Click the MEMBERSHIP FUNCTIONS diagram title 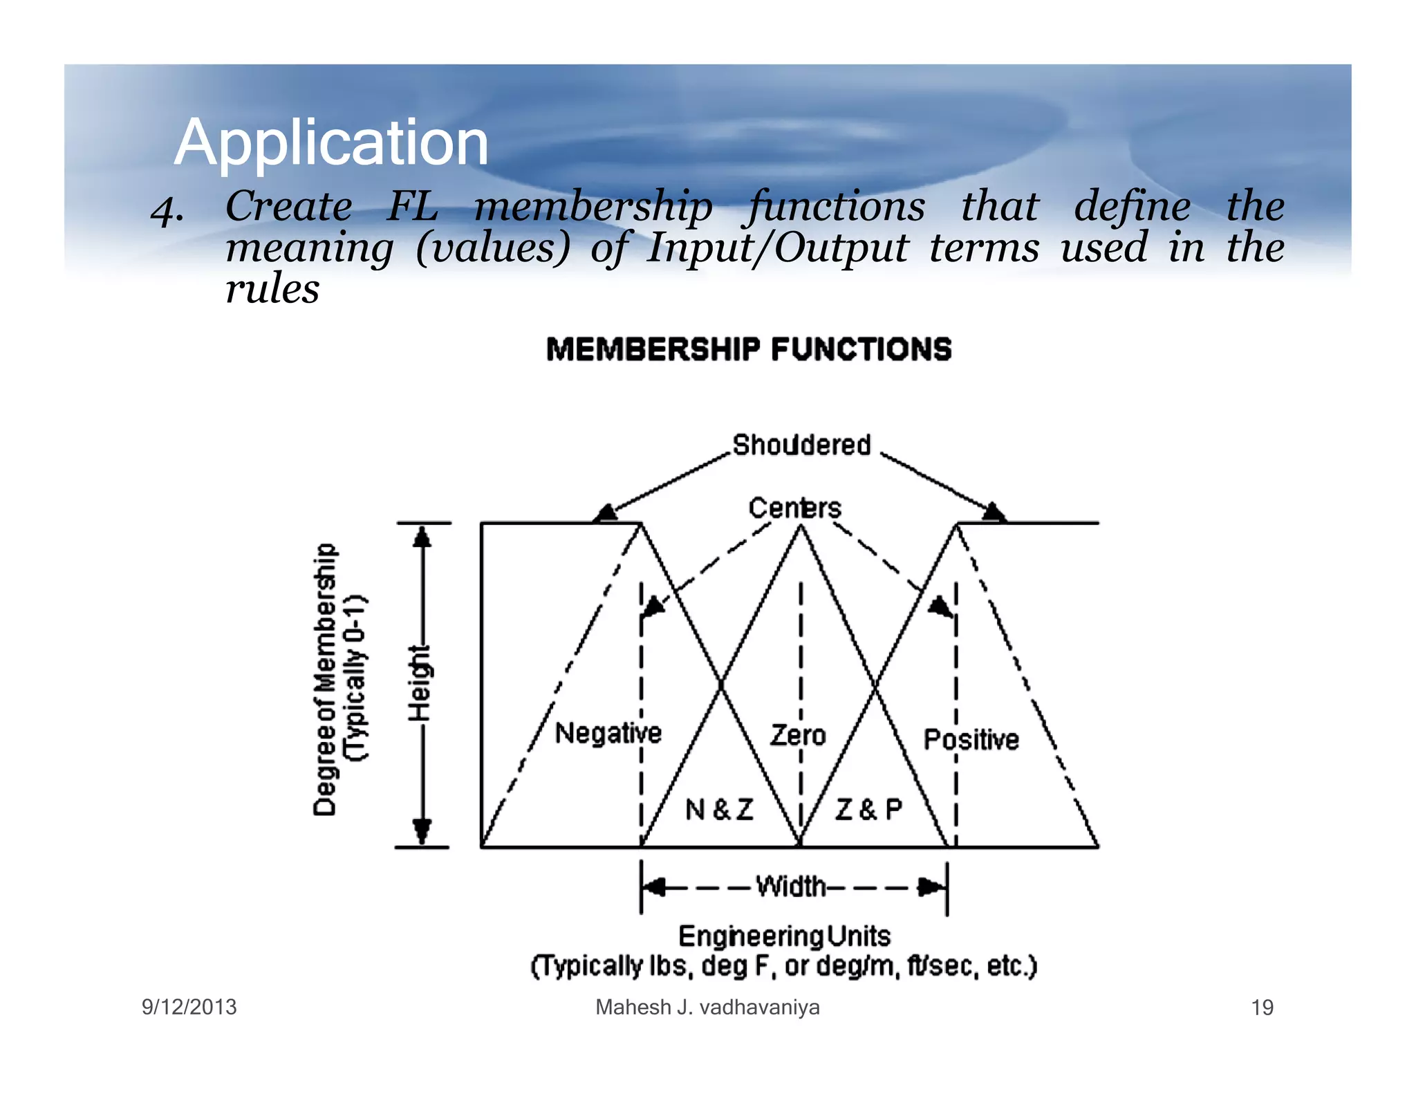point(749,349)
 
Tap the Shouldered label point(801,445)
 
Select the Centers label point(794,508)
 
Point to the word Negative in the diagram point(608,733)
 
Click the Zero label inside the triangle point(798,735)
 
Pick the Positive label point(971,739)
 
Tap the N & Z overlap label point(719,809)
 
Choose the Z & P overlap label point(868,809)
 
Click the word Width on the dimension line point(791,886)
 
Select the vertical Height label point(420,683)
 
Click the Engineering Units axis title point(784,936)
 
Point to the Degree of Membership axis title point(326,680)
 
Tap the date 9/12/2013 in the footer point(189,1007)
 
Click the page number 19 point(1262,1008)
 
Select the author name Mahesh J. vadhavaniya point(707,1007)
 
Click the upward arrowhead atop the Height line point(422,537)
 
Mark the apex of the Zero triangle point(801,527)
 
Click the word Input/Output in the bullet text point(776,248)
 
